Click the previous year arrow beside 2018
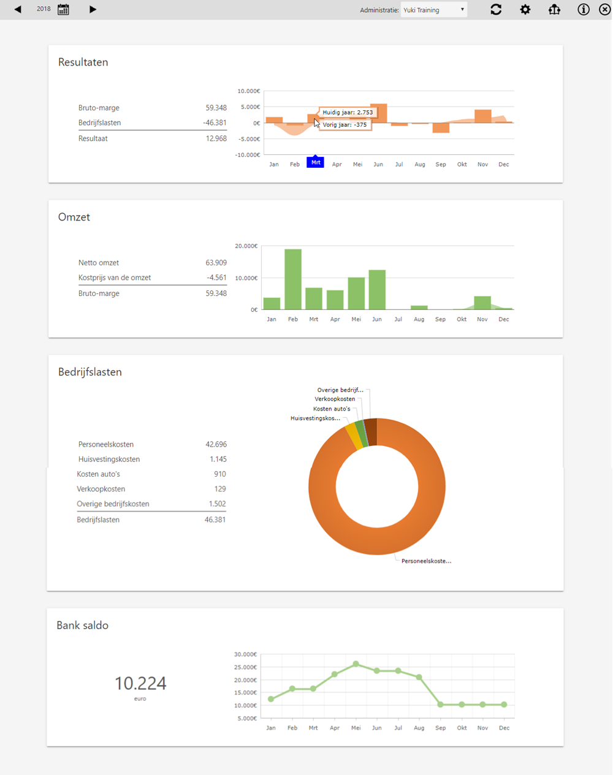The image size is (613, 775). coord(18,9)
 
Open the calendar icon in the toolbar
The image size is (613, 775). coord(63,9)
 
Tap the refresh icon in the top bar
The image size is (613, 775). coord(496,9)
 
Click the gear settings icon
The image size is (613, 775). coord(525,9)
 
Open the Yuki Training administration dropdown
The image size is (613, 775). coord(434,10)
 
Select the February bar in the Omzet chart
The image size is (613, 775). coord(293,279)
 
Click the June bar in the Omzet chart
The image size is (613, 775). coord(377,289)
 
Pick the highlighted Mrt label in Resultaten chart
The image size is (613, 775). coord(315,162)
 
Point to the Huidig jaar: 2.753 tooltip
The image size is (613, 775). coord(348,112)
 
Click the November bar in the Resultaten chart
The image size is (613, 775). coord(483,116)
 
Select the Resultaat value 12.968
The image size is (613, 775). coord(216,138)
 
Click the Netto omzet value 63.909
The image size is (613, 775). coord(216,263)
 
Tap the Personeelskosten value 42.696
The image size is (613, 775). coord(216,444)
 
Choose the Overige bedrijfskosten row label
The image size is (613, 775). coord(113,504)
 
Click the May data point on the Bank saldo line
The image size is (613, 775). coord(356,664)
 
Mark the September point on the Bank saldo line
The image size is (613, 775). coord(441,705)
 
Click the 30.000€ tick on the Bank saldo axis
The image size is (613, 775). coord(245,654)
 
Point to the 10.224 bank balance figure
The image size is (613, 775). coord(140,683)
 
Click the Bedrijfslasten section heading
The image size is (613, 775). coord(90,372)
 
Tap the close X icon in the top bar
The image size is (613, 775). coord(604,9)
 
